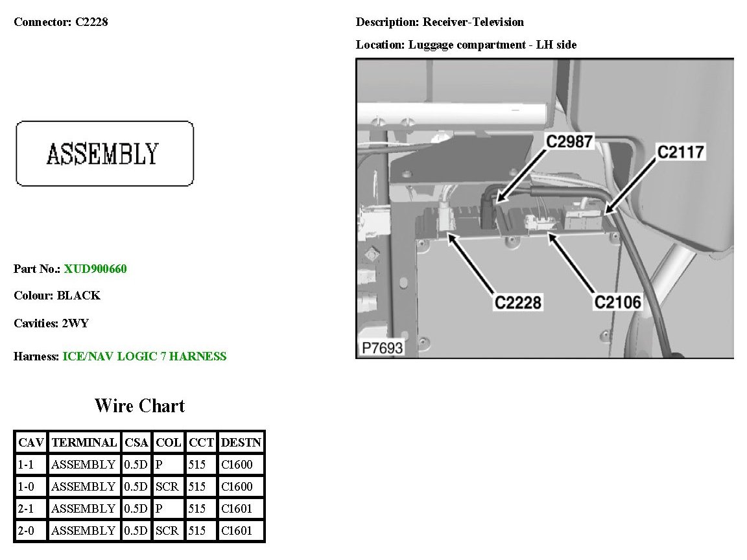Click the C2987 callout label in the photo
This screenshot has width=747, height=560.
click(x=569, y=141)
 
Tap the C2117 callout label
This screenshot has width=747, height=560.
click(x=680, y=152)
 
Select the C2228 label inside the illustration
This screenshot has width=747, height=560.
click(x=518, y=303)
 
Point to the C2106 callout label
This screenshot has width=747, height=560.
click(x=618, y=303)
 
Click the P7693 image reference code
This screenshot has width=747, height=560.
click(x=382, y=348)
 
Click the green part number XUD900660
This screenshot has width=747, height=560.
click(x=95, y=268)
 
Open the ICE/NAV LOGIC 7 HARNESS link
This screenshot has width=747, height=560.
click(x=145, y=356)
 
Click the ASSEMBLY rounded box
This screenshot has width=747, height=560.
click(x=104, y=154)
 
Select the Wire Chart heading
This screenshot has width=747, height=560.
click(x=139, y=406)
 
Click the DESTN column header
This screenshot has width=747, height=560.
click(x=241, y=443)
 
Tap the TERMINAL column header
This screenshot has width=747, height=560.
click(x=84, y=443)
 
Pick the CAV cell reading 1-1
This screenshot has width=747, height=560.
click(x=30, y=465)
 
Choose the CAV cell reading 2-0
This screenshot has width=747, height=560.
click(x=30, y=531)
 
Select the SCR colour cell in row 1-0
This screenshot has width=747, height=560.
click(x=167, y=487)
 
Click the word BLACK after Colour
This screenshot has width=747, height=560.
click(x=78, y=296)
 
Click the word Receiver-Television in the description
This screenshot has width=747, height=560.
click(x=473, y=22)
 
